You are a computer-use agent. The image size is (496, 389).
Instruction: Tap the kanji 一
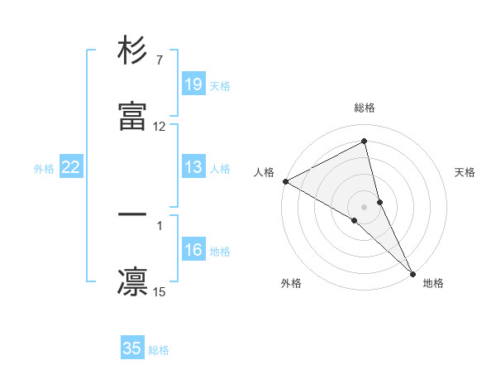(132, 214)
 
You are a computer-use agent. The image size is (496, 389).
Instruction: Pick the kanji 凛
(132, 281)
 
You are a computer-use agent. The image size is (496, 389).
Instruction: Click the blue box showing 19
(193, 84)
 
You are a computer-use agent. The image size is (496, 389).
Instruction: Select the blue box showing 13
(193, 167)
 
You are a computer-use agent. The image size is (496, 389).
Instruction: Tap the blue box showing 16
(193, 250)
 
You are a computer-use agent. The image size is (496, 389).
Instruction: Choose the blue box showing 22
(71, 167)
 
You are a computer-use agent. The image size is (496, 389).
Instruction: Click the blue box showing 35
(132, 348)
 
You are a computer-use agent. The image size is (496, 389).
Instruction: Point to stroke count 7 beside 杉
(159, 60)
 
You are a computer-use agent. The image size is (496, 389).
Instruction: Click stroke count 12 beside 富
(160, 127)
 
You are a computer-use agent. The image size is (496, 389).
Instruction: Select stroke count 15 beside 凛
(160, 291)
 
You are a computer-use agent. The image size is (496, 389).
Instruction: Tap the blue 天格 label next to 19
(220, 85)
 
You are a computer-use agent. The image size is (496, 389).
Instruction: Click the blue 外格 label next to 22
(44, 168)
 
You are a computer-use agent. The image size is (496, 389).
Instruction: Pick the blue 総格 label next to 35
(159, 349)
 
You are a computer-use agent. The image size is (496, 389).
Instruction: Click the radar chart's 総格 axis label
(365, 108)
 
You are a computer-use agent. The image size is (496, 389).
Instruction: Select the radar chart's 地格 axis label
(433, 283)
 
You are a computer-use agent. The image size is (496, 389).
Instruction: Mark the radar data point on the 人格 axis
(284, 181)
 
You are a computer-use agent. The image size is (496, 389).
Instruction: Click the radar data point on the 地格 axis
(412, 272)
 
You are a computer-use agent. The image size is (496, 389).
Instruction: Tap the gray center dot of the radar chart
(365, 206)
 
